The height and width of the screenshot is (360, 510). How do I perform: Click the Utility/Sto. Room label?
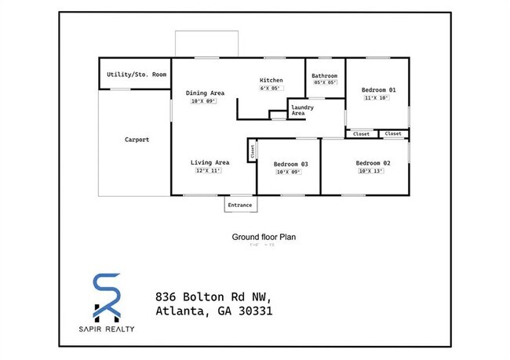pos(137,75)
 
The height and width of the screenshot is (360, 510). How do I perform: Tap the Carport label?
pos(137,140)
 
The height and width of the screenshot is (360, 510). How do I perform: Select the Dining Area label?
pos(206,93)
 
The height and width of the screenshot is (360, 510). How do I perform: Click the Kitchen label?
pos(271,81)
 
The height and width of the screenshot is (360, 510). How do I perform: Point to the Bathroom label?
pos(325,76)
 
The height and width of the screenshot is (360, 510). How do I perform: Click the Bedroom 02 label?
pos(373,163)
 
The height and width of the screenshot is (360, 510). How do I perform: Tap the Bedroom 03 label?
pos(290,164)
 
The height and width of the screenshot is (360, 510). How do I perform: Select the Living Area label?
pos(209,163)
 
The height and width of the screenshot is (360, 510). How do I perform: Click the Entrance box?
pos(240,205)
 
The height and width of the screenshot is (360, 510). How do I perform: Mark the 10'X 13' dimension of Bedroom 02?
pos(370,171)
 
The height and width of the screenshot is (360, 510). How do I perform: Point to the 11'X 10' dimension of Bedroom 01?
pos(375,99)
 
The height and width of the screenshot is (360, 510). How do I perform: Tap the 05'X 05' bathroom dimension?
pos(325,83)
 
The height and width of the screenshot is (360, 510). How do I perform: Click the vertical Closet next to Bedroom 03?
pos(253,151)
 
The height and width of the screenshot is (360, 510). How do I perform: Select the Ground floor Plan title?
pos(263,236)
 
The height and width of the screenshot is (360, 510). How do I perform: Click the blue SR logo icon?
pos(107,296)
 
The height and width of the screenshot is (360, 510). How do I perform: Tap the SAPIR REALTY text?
pos(107,329)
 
